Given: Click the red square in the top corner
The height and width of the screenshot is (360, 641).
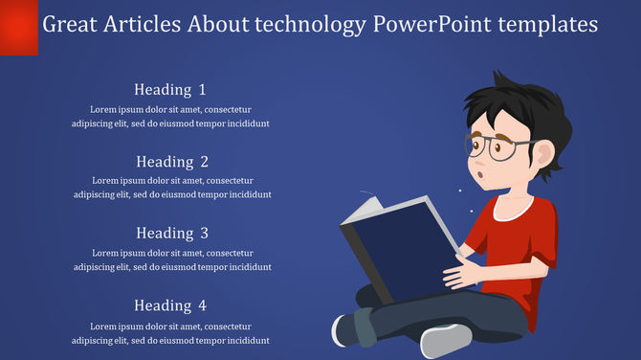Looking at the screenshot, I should [x=18, y=27].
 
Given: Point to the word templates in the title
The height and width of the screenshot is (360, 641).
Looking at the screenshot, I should [x=549, y=24].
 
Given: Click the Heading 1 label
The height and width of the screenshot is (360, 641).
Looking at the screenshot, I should [x=170, y=90].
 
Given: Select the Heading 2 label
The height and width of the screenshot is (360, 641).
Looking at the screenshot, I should [x=171, y=162].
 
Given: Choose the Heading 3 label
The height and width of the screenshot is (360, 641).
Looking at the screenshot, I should [x=171, y=233].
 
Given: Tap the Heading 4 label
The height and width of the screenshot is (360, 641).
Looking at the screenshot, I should [x=170, y=305].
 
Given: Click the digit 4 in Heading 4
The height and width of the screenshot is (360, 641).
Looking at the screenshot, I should [x=202, y=305].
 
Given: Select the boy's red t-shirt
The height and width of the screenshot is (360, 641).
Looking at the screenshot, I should [x=521, y=239].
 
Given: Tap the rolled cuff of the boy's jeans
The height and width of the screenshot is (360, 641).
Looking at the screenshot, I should [x=364, y=326].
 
